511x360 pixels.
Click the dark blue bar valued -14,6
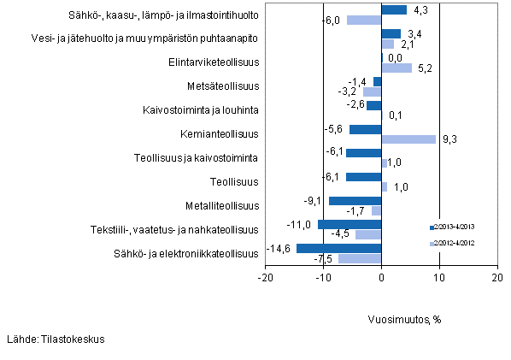point(338,248)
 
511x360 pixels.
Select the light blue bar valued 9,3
point(408,139)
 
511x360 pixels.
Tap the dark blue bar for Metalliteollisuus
point(355,200)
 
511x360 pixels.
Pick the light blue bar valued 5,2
point(396,68)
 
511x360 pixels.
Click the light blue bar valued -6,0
point(364,20)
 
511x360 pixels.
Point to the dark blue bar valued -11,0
point(349,224)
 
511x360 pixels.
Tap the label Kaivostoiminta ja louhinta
point(201,110)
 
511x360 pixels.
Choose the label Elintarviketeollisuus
point(209,62)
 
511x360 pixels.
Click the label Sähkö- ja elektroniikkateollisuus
point(187,253)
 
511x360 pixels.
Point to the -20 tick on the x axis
point(266,278)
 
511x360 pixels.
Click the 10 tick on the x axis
point(439,278)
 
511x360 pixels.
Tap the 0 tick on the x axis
point(381,278)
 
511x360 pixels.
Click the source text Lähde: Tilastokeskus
point(56,339)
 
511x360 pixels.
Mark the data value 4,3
point(420,10)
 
